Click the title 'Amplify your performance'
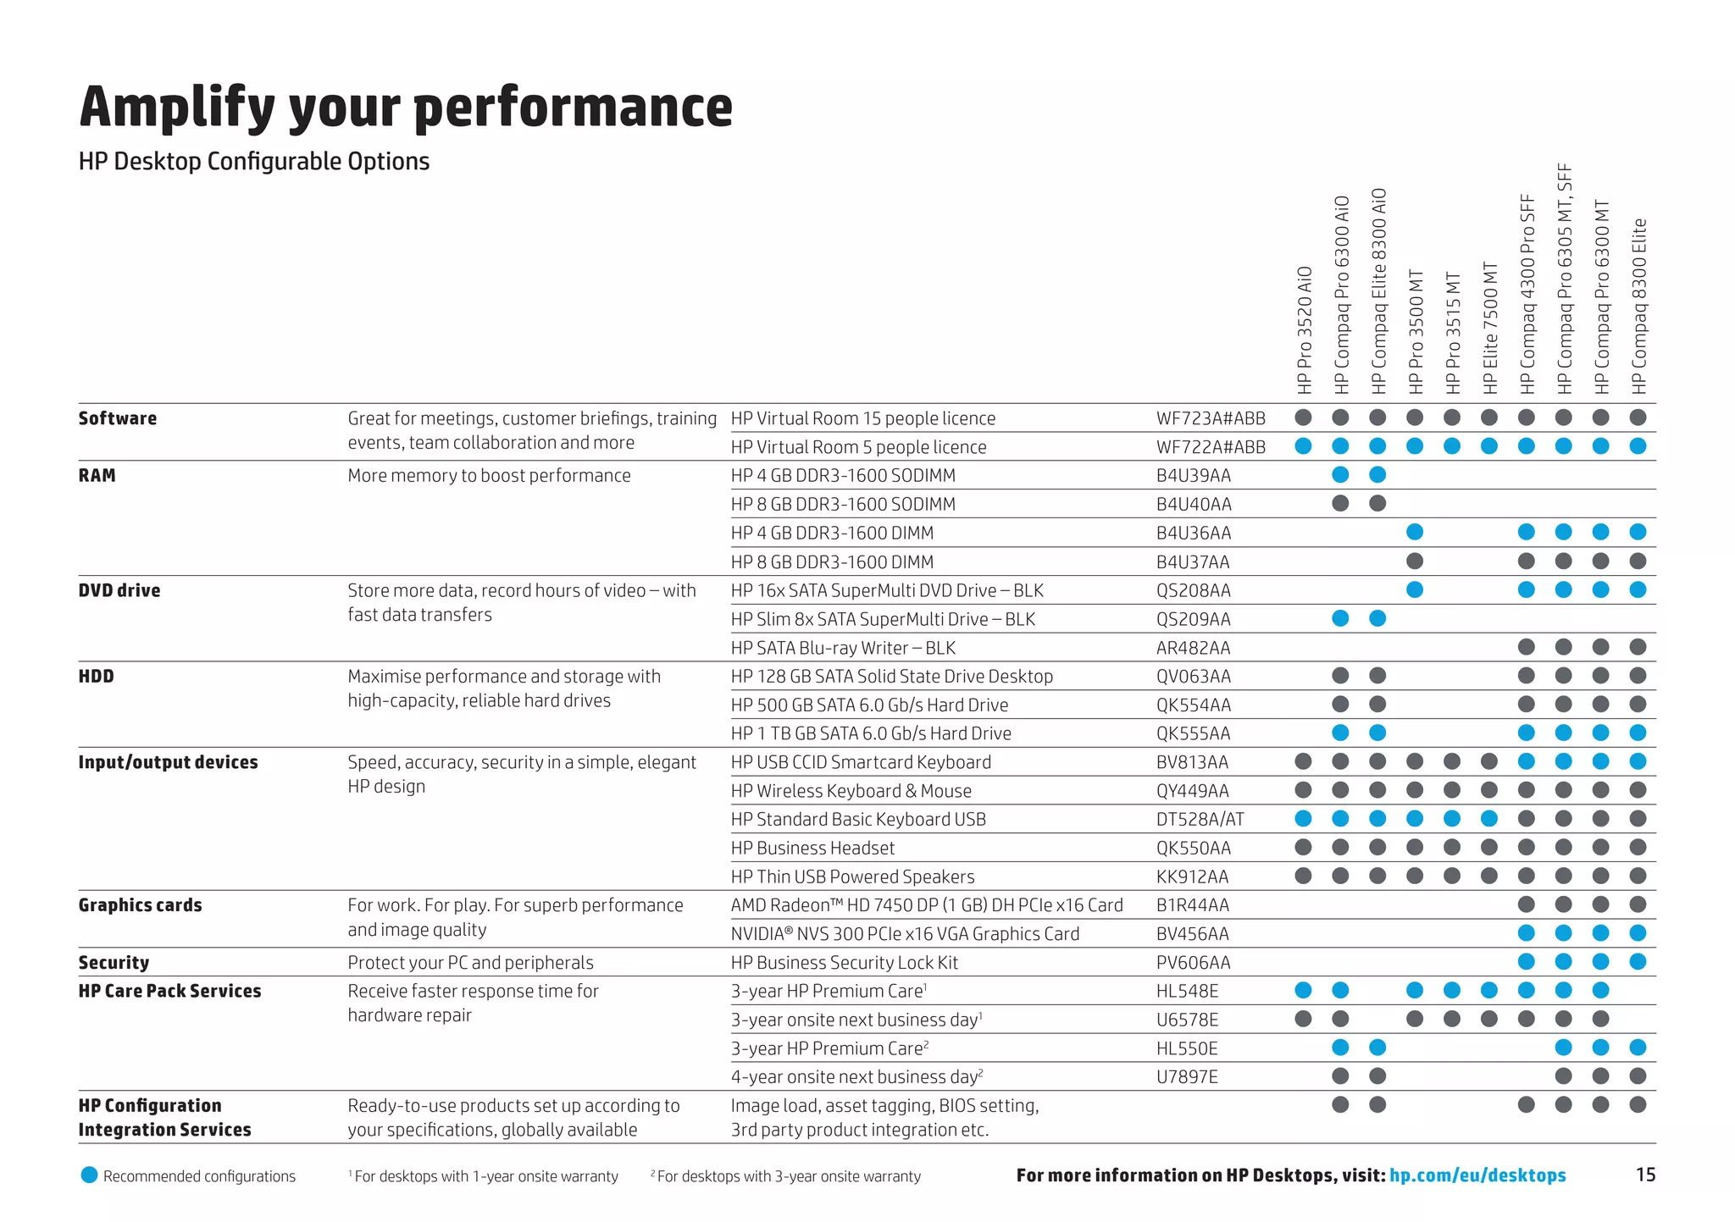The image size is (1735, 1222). click(406, 108)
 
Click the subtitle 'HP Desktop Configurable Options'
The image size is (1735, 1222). click(254, 161)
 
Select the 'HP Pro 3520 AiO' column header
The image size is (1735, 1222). click(1305, 330)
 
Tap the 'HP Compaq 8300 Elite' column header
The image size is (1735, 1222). click(1639, 306)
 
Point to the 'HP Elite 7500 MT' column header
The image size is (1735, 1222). click(1490, 329)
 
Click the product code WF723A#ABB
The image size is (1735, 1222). click(1211, 418)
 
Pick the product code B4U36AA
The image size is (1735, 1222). click(1193, 534)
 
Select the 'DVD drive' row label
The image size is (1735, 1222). click(119, 590)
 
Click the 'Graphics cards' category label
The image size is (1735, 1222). click(140, 905)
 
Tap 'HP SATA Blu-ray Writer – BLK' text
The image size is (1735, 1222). click(843, 648)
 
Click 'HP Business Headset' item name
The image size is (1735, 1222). click(812, 848)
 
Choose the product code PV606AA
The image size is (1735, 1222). click(1193, 963)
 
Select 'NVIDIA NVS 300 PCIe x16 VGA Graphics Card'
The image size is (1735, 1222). click(905, 934)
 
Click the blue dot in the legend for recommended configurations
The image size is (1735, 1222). click(89, 1175)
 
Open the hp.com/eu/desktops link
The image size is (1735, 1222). click(1477, 1175)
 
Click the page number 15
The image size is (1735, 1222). click(1645, 1175)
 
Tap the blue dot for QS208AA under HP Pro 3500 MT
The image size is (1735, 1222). click(1415, 589)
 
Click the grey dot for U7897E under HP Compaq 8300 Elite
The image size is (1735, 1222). click(1638, 1076)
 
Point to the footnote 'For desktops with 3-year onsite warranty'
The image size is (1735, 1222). click(788, 1176)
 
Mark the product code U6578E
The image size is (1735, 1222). click(1187, 1020)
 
